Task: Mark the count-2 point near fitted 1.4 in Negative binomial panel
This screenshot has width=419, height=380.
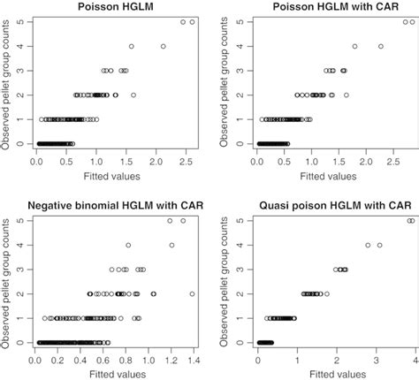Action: pyautogui.click(x=193, y=293)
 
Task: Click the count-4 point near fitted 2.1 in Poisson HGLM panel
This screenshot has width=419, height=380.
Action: pyautogui.click(x=164, y=46)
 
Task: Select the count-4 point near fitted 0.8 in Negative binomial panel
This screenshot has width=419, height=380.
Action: pyautogui.click(x=128, y=245)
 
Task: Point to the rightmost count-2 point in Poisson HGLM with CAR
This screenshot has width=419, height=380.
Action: pyautogui.click(x=347, y=95)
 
